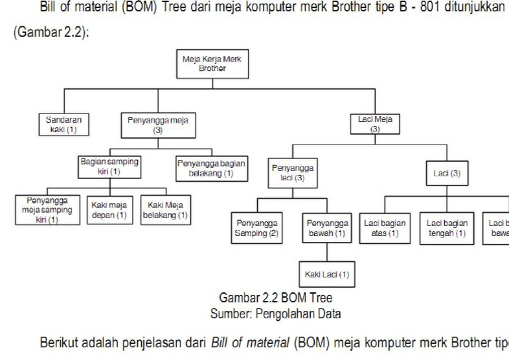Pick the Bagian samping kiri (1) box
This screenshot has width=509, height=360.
109,166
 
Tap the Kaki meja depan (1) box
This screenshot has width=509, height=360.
109,210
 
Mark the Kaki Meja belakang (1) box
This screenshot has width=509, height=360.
166,210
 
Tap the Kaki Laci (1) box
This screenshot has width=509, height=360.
326,274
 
